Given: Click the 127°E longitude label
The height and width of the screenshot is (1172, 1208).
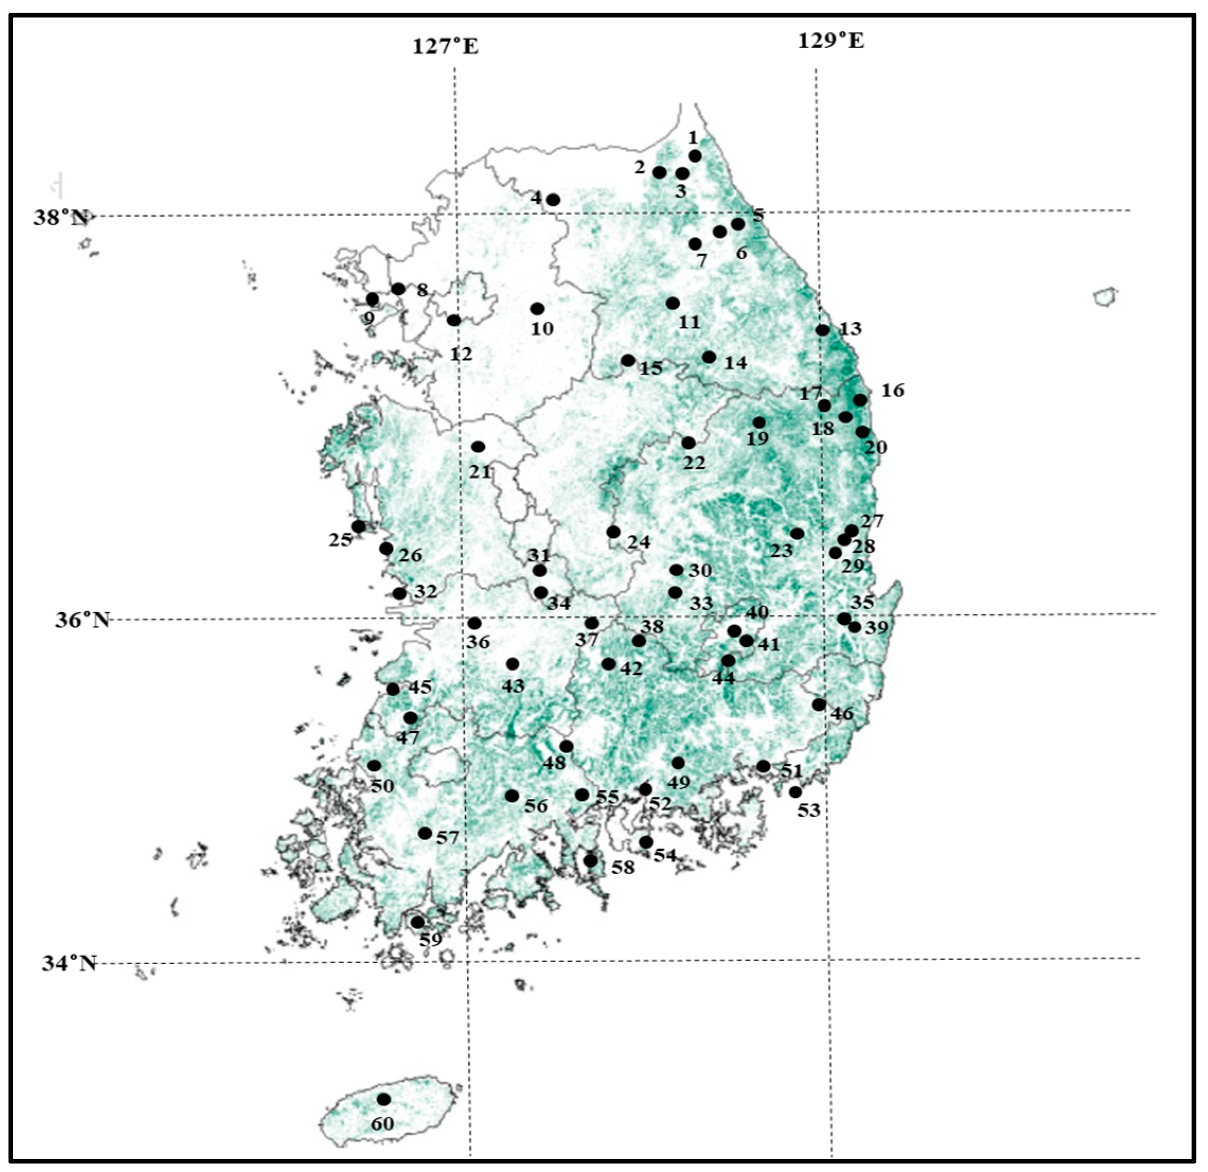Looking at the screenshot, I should [445, 46].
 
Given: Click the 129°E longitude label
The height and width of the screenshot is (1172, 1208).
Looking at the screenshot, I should [831, 41].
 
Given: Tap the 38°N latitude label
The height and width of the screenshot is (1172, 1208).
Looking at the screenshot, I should [60, 218].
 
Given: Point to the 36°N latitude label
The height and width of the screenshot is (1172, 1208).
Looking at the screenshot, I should [82, 620].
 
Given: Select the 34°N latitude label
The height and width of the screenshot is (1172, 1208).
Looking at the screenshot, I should [69, 963].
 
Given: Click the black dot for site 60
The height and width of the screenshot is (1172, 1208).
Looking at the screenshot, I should [384, 1099].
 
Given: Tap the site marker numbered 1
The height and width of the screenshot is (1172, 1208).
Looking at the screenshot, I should [695, 156].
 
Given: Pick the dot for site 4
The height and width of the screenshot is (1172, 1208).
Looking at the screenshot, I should [553, 200].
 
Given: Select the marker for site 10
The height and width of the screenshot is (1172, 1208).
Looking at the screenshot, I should [537, 309].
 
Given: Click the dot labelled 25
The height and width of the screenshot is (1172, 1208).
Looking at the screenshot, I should [359, 526].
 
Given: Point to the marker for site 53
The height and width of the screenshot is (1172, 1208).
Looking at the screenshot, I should [796, 791].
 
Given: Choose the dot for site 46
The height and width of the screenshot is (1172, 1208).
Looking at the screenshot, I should [819, 704].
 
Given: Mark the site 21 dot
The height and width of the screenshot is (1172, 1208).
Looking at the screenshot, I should [478, 446].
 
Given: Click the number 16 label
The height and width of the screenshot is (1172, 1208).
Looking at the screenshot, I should [892, 390].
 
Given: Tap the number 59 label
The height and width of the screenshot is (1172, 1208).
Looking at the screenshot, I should [431, 940].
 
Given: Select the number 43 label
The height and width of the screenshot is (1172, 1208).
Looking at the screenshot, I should [513, 685].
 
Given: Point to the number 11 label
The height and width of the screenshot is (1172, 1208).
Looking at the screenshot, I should [689, 322].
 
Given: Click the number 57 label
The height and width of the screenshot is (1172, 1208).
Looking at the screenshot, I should [448, 837].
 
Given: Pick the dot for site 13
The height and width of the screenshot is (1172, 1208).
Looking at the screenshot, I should [823, 330].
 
